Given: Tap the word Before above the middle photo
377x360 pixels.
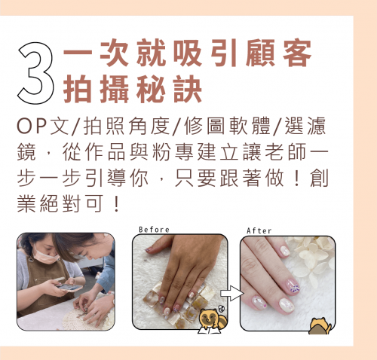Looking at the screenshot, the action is pyautogui.click(x=154, y=230).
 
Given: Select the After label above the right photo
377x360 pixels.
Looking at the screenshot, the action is pyautogui.click(x=259, y=230).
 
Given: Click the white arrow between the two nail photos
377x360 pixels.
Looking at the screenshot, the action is pyautogui.click(x=232, y=293).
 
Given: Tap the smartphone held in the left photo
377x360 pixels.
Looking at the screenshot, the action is pyautogui.click(x=69, y=288).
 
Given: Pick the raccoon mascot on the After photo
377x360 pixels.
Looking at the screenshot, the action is pyautogui.click(x=320, y=326).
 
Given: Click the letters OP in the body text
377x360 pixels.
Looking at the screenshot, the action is pyautogui.click(x=32, y=126).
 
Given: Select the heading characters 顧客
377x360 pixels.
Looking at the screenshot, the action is pyautogui.click(x=279, y=53).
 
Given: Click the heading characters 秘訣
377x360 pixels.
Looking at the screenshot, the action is pyautogui.click(x=169, y=89).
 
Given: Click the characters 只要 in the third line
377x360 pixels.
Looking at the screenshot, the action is pyautogui.click(x=195, y=178).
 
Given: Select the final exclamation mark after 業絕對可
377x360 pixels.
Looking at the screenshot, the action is pyautogui.click(x=116, y=204).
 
